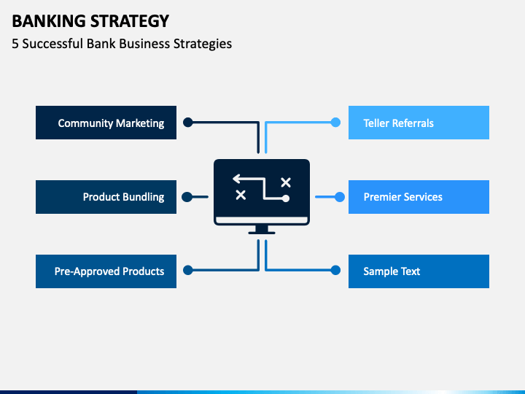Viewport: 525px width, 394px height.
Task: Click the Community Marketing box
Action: (106, 123)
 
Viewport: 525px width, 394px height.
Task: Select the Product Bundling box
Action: (106, 197)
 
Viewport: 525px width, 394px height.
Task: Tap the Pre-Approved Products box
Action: (106, 271)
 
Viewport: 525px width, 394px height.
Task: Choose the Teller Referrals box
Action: (419, 123)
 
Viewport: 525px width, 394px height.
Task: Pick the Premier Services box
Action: (419, 197)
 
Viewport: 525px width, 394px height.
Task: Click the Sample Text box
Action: (419, 271)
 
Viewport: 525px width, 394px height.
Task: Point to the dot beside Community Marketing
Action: (188, 123)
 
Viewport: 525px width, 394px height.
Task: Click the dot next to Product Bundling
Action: (187, 197)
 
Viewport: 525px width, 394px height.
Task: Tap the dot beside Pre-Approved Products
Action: (188, 270)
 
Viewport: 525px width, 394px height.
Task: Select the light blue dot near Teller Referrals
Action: (335, 123)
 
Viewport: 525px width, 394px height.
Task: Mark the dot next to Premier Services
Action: (340, 197)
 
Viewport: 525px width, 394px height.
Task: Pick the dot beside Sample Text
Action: (335, 270)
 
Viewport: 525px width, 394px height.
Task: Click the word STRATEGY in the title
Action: (130, 21)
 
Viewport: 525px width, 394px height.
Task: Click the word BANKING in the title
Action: (49, 21)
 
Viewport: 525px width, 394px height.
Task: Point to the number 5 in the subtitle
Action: (15, 44)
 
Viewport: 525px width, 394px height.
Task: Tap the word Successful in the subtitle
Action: (52, 44)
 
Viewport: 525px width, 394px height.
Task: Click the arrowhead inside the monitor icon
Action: (236, 179)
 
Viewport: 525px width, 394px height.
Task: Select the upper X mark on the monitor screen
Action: (286, 182)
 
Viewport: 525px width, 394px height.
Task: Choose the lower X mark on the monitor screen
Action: (241, 195)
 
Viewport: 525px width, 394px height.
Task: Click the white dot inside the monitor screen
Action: (286, 198)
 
